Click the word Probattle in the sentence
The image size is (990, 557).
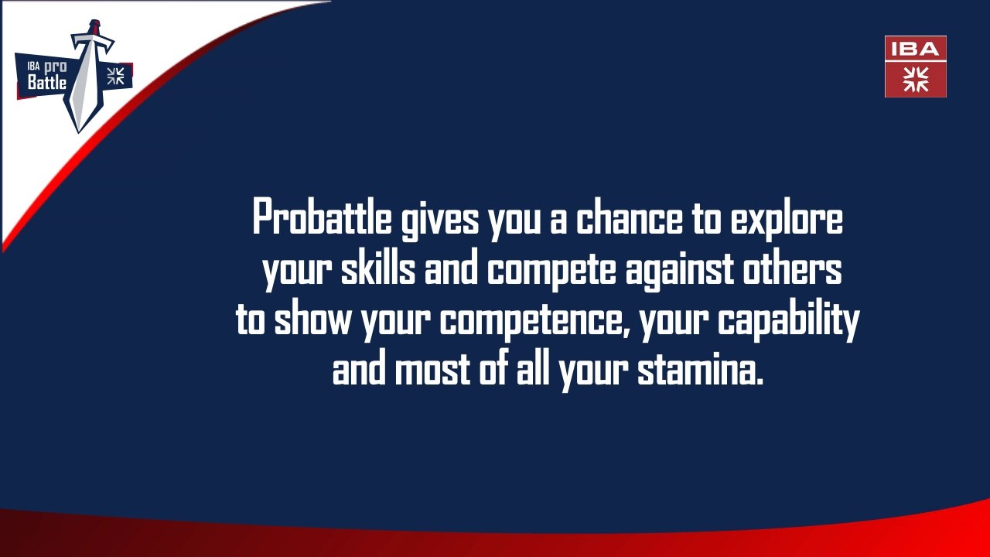[x=323, y=216]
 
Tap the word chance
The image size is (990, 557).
[x=630, y=216]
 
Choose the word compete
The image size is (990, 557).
[x=551, y=271]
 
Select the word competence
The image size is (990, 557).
[x=534, y=321]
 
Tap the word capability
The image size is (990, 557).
[x=789, y=321]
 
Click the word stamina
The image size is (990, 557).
[x=700, y=369]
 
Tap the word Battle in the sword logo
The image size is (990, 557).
[x=47, y=82]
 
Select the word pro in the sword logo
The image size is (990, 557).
[x=55, y=67]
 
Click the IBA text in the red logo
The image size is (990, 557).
[x=915, y=49]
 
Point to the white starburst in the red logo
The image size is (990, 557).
[x=916, y=80]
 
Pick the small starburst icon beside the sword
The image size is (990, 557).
[x=116, y=76]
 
